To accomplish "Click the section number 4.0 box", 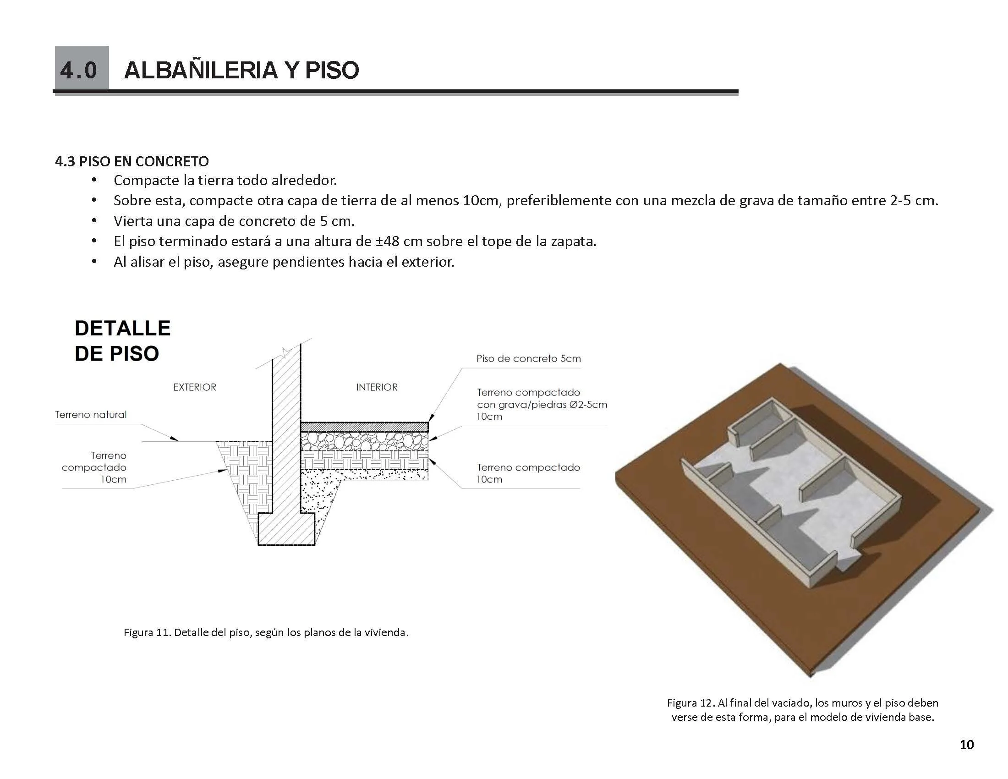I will point(81,68).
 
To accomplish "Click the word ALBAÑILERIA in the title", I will point(201,70).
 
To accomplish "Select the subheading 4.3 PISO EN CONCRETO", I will point(132,161).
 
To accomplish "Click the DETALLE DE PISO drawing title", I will point(122,340).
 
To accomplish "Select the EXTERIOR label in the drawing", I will point(194,387).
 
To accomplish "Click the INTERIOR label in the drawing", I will point(377,387).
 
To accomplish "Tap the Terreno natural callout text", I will point(90,414).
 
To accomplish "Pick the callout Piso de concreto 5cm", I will point(528,359).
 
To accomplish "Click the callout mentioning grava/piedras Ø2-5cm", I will point(542,404).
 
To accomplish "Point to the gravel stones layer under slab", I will point(365,441).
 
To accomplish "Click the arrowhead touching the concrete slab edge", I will point(431,418).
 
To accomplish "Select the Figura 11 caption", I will point(266,632).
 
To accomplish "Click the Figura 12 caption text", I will point(802,710).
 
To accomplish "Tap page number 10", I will point(966,745).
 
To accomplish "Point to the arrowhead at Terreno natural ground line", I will point(174,439).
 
